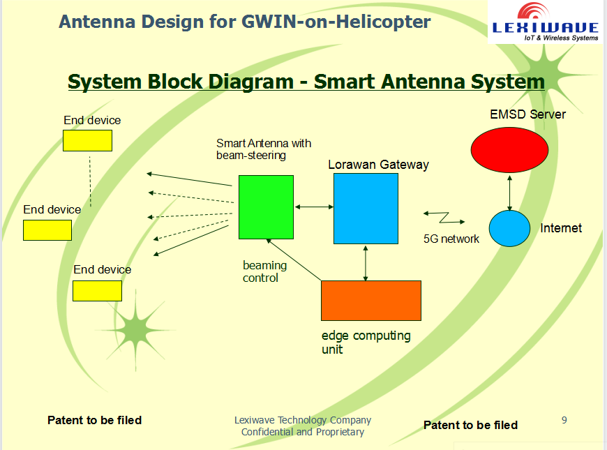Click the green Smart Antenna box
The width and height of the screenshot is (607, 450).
point(266,207)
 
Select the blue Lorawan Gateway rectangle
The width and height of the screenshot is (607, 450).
point(366,209)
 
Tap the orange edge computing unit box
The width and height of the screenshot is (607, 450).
point(370,301)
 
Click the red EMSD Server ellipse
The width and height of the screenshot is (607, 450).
point(509,150)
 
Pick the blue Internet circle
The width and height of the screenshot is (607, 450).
point(510,228)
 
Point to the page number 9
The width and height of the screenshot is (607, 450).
point(564,420)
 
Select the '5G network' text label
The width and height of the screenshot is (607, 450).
point(451,239)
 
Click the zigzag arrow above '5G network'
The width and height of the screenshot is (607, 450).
point(436,214)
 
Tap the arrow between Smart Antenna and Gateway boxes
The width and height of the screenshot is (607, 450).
point(314,207)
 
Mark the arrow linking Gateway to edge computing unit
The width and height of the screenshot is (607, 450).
point(366,262)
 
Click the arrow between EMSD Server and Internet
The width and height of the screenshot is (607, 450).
point(510,193)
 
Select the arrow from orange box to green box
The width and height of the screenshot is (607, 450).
point(293,259)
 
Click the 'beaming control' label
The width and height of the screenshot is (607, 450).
point(264,271)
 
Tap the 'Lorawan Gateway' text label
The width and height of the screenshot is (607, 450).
point(378,165)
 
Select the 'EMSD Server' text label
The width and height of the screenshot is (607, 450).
point(527,114)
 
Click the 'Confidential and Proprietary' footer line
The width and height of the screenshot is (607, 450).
point(303,432)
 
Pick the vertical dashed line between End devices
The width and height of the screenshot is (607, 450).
point(90,181)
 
